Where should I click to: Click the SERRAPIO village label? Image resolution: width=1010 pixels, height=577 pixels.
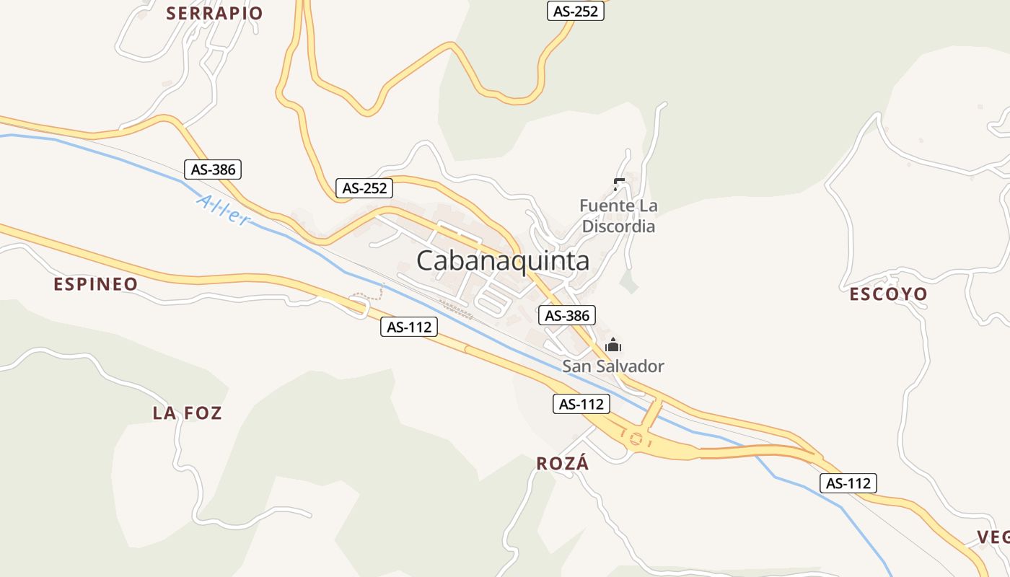tap(214, 13)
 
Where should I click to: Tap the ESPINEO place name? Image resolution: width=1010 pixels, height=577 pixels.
tap(95, 284)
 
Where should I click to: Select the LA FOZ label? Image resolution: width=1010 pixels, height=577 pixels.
tap(187, 413)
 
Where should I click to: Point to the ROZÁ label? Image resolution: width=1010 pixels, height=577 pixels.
tap(563, 464)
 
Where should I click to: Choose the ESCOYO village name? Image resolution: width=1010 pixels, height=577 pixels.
tap(888, 294)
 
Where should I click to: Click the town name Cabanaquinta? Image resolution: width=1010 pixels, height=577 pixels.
tap(503, 260)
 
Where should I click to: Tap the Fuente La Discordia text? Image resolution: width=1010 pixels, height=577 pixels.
tap(618, 216)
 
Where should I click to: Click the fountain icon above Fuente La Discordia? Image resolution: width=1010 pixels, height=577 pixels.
tap(618, 184)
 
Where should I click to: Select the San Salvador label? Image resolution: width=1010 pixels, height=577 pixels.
tap(613, 366)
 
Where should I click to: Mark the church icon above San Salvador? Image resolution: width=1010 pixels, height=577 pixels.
tap(613, 345)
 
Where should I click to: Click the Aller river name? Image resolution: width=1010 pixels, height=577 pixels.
tap(223, 209)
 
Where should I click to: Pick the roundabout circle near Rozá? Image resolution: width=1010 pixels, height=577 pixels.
tap(636, 438)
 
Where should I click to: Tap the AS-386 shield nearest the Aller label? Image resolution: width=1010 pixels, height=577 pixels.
tap(212, 169)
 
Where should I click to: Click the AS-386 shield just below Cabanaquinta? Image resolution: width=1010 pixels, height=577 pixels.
tap(567, 315)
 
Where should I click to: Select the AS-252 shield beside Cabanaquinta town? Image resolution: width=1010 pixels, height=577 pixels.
tap(365, 188)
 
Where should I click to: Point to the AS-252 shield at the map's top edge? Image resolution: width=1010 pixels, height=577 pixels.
tap(575, 11)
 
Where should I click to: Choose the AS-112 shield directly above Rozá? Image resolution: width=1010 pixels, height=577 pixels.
tap(581, 404)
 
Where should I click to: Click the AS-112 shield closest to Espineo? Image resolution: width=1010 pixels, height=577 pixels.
tap(409, 327)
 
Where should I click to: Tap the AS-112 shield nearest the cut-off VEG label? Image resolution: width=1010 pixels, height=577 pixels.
tap(848, 483)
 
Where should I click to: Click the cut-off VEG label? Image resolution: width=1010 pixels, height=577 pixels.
tap(993, 537)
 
